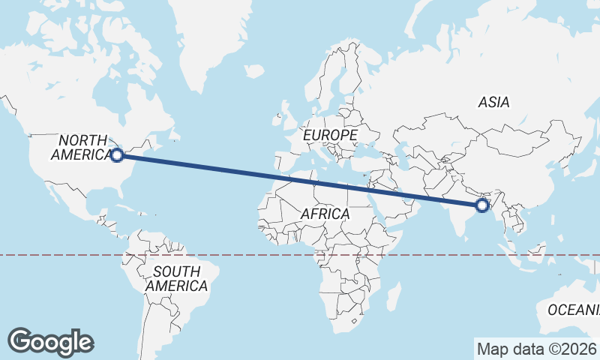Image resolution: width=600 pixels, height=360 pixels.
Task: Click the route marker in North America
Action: pos(116,155)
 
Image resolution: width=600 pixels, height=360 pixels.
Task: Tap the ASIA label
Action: pos(493,103)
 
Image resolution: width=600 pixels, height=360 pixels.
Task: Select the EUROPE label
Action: pos(330,135)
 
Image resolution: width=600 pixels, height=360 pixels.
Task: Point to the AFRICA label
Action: pos(325,214)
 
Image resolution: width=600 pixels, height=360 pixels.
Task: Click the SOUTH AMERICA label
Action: pos(176,278)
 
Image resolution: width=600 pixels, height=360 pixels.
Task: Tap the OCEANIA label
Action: pos(574,309)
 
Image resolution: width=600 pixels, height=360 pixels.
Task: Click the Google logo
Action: pos(50,342)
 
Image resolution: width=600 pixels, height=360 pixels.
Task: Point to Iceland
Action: pos(255,71)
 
